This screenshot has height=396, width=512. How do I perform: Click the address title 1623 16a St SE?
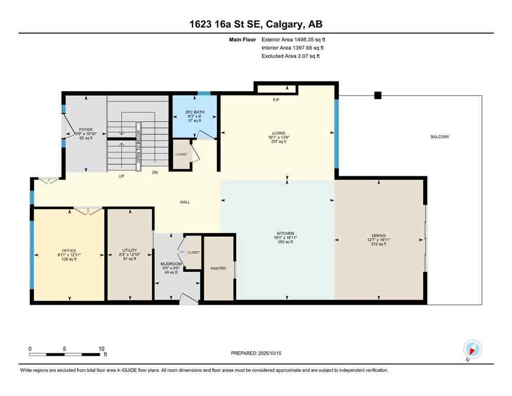click(x=256, y=24)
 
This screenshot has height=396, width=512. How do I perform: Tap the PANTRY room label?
click(x=218, y=268)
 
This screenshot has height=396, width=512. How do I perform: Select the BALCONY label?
click(x=440, y=137)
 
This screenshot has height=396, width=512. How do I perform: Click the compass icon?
click(x=472, y=349)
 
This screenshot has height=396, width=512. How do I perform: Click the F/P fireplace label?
click(x=276, y=101)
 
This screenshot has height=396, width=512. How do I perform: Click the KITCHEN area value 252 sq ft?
click(x=285, y=242)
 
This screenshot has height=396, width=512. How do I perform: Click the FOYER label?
click(x=85, y=129)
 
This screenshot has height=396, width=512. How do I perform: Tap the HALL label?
click(x=185, y=202)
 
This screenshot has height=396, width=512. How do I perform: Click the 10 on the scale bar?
click(x=101, y=349)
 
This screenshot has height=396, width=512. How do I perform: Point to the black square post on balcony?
click(x=377, y=95)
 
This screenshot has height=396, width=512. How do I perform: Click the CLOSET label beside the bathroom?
click(x=180, y=154)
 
